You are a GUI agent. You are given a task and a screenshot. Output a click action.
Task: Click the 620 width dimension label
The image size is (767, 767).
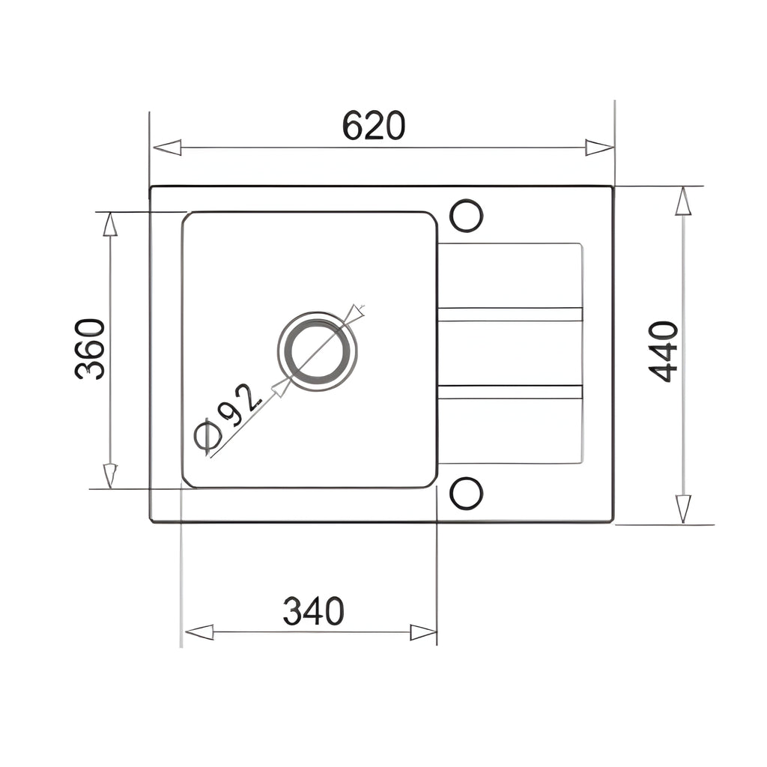[374, 126]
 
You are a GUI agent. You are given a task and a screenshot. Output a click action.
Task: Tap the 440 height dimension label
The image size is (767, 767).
[664, 351]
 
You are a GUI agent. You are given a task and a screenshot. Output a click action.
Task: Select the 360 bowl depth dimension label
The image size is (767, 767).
[90, 349]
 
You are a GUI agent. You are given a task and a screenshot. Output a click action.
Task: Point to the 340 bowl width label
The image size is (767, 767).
[314, 611]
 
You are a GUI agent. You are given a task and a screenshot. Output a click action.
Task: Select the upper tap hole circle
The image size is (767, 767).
[466, 216]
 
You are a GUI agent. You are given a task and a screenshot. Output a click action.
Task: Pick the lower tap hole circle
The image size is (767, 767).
[466, 493]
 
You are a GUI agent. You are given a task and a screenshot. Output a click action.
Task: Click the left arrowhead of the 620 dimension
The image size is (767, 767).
[167, 148]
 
